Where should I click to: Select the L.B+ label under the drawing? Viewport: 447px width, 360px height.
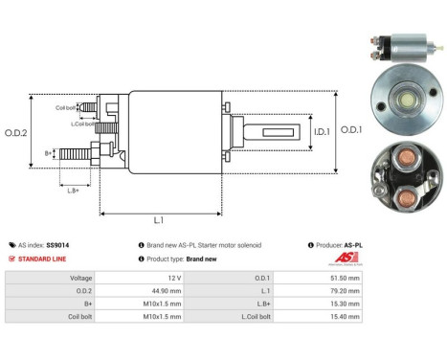74,189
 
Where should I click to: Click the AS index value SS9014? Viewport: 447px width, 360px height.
57,245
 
